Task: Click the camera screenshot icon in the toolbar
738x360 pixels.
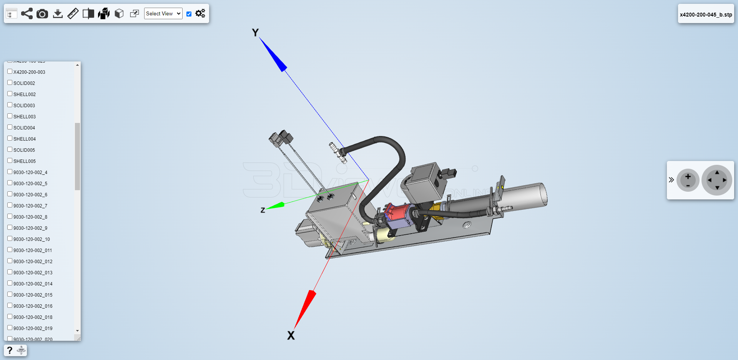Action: [x=42, y=14]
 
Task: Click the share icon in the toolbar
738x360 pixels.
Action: [x=27, y=14]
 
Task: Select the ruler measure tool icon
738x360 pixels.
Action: [x=73, y=14]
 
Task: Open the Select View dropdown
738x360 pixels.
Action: [x=163, y=13]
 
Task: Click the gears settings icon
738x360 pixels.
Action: [x=200, y=13]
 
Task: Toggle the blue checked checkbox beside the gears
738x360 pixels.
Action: [x=189, y=14]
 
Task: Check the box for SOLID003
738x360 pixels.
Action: [x=10, y=105]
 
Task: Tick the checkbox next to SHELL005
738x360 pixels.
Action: [x=10, y=161]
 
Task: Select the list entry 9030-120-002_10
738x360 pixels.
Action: [x=32, y=239]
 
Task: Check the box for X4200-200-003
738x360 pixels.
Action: [x=10, y=71]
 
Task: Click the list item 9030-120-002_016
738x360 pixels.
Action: [x=33, y=306]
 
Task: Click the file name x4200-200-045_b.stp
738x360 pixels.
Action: [x=706, y=15]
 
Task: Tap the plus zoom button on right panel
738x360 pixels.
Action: [x=688, y=177]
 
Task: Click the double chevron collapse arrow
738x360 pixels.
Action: [x=671, y=180]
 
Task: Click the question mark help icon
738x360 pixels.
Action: [x=10, y=350]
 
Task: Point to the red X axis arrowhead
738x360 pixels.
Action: [x=305, y=307]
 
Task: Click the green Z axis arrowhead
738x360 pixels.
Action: [x=276, y=206]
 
